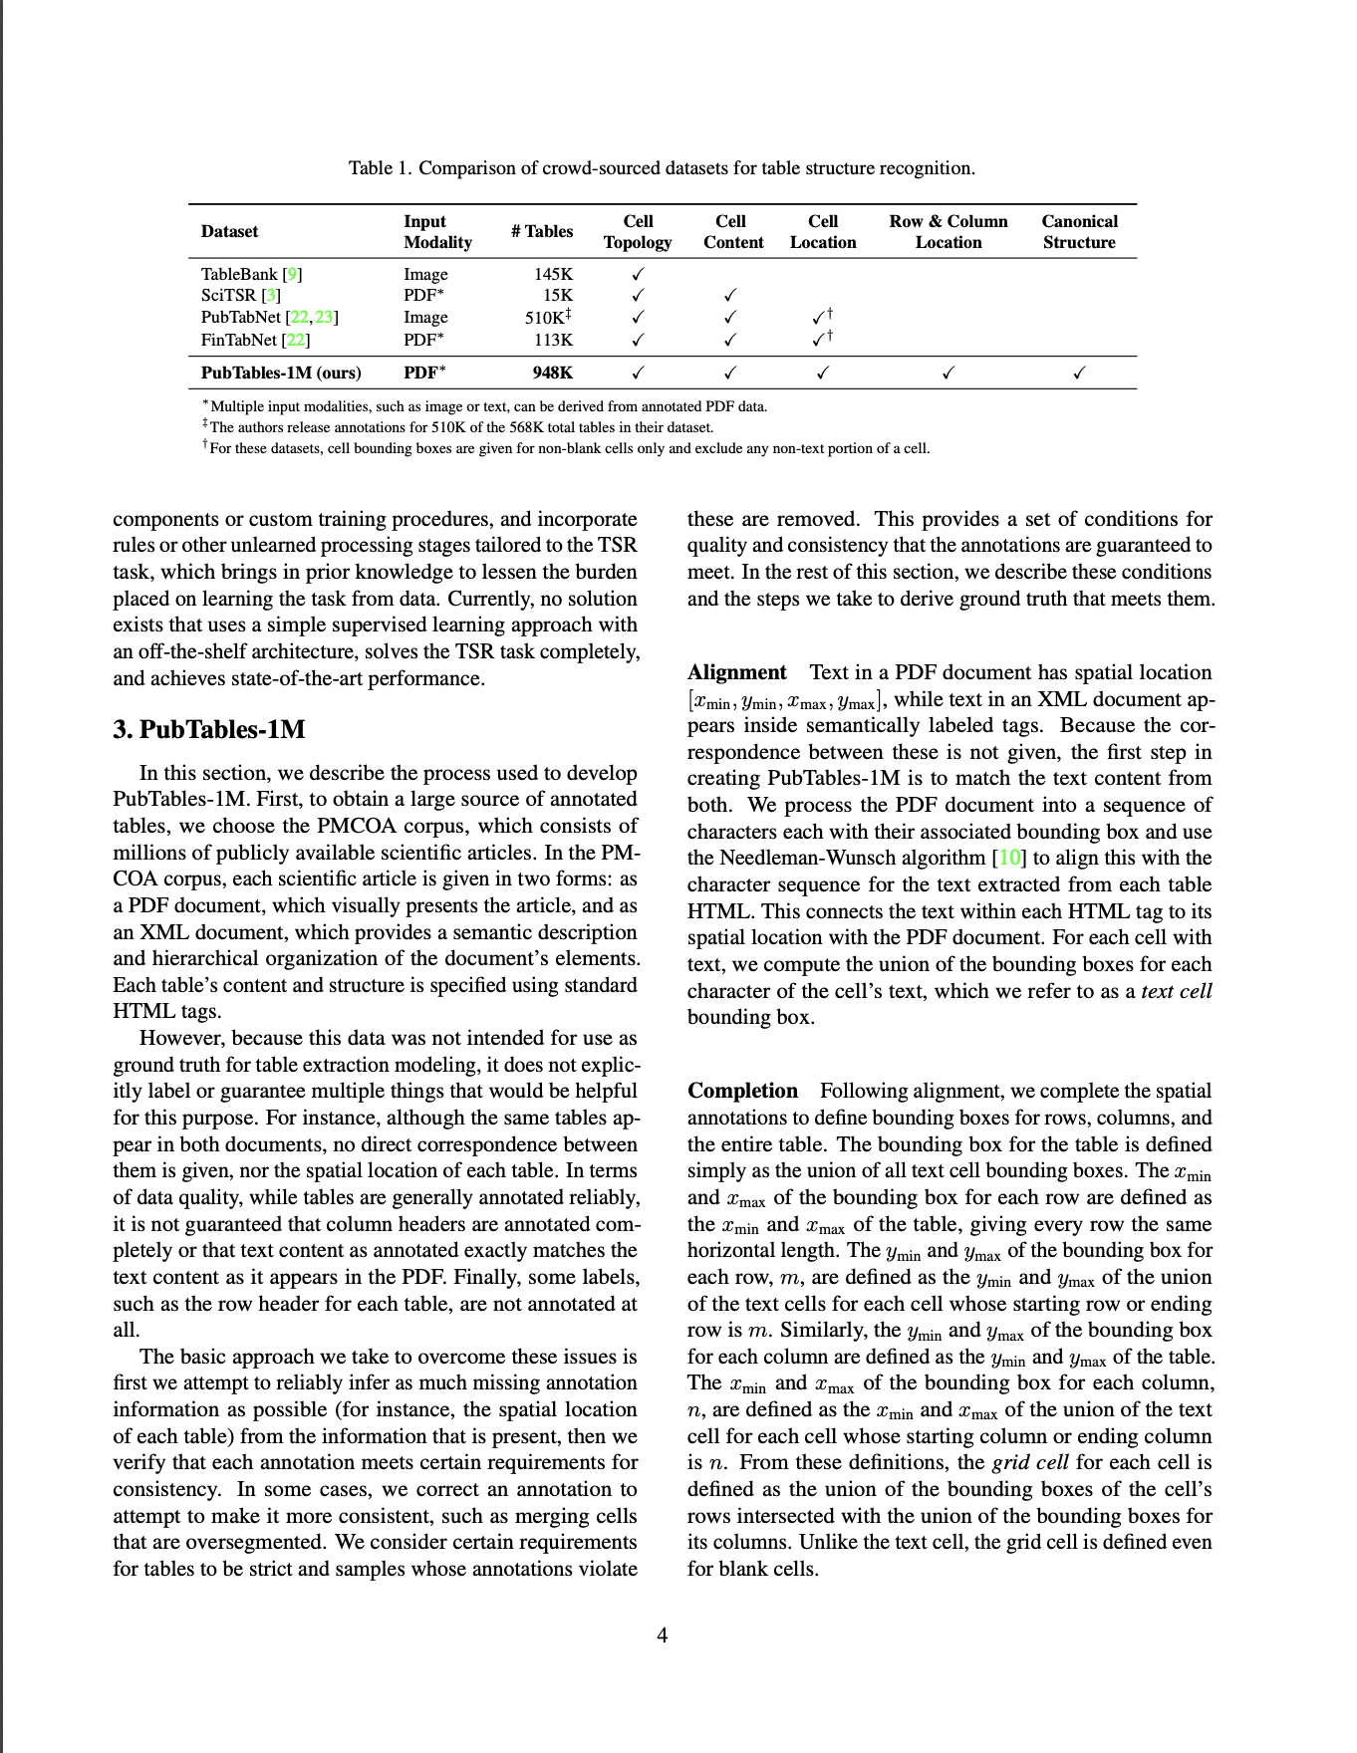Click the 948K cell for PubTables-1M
coord(553,374)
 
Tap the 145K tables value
coord(554,274)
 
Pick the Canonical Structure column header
coord(1079,231)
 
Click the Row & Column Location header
coord(948,231)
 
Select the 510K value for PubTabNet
coord(547,318)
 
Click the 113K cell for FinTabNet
coord(554,340)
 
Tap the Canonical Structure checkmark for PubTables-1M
coord(1079,375)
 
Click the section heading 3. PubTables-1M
coord(209,729)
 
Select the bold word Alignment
coord(736,672)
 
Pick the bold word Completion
coord(742,1091)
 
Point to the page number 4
coord(662,1633)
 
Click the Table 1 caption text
coord(662,167)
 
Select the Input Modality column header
coord(436,231)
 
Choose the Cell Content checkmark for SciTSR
coord(730,296)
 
